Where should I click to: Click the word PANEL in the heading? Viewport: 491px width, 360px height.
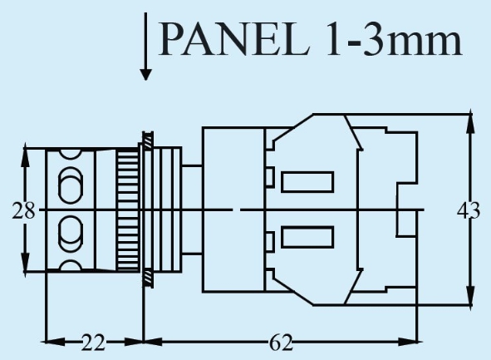point(234,39)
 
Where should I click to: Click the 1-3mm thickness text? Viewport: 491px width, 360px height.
point(394,40)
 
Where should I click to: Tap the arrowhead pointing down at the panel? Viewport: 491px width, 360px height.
point(145,75)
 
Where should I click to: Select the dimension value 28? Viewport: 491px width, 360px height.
point(23,210)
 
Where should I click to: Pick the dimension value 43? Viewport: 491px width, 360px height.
point(468,210)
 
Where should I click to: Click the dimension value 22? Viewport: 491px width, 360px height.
point(93,343)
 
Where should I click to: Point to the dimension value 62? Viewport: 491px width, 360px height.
point(281,343)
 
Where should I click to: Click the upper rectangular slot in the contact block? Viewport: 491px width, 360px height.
point(307,182)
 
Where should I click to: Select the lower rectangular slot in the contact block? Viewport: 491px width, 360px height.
point(307,237)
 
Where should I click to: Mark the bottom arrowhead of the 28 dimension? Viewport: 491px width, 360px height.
point(25,262)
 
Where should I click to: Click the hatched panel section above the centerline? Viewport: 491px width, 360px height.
point(148,140)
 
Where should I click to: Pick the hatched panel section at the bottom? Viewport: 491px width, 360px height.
point(148,279)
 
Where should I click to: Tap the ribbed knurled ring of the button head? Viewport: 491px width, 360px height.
point(128,210)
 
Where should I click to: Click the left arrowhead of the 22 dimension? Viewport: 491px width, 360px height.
point(55,342)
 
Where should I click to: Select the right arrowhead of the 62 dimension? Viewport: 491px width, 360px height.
point(408,342)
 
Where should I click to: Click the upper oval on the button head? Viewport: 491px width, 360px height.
point(71,185)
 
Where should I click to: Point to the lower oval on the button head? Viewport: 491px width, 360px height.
point(71,234)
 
